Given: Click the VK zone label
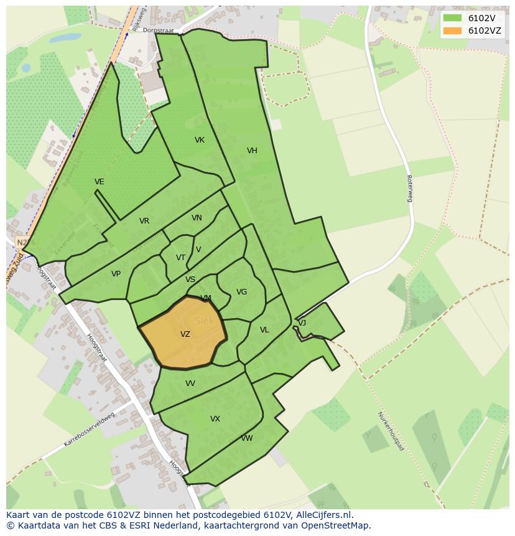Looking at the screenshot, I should click(x=200, y=140).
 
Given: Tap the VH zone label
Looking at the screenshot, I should click(x=252, y=151).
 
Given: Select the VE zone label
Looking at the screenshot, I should click(x=100, y=182).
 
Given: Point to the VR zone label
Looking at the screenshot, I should click(x=144, y=221).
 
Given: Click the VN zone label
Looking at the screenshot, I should click(x=197, y=218).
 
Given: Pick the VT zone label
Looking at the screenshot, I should click(x=180, y=258).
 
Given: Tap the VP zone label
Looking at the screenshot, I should click(x=116, y=274).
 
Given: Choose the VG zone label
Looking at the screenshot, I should click(x=241, y=292).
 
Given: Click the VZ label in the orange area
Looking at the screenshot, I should click(x=185, y=334).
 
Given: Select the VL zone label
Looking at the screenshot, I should click(x=264, y=330).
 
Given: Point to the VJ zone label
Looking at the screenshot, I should click(x=302, y=323).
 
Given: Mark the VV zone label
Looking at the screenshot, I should click(x=190, y=383).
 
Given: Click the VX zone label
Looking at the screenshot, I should click(x=215, y=419).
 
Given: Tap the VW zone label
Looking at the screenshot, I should click(x=247, y=438).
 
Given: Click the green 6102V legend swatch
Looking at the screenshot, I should click(x=452, y=18).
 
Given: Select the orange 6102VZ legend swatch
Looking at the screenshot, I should click(x=452, y=31).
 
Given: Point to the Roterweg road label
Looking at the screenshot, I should click(x=409, y=188).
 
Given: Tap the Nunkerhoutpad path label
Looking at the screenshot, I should click(x=391, y=431).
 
